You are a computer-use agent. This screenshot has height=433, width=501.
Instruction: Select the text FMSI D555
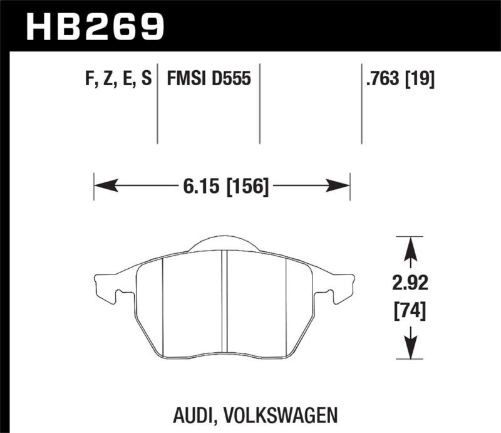tap(209, 80)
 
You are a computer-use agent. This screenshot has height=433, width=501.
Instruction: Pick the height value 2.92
tap(411, 284)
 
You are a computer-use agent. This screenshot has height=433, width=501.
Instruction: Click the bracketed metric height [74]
tap(411, 310)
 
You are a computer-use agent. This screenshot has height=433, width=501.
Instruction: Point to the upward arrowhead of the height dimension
tap(411, 248)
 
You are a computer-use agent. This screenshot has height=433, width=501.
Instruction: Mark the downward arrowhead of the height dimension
tap(411, 348)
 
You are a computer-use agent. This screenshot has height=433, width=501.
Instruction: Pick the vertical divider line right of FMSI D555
tap(259, 103)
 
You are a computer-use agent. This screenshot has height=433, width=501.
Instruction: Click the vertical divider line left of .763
tap(361, 103)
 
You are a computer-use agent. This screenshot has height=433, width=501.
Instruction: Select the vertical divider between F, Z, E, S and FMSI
tap(157, 103)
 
